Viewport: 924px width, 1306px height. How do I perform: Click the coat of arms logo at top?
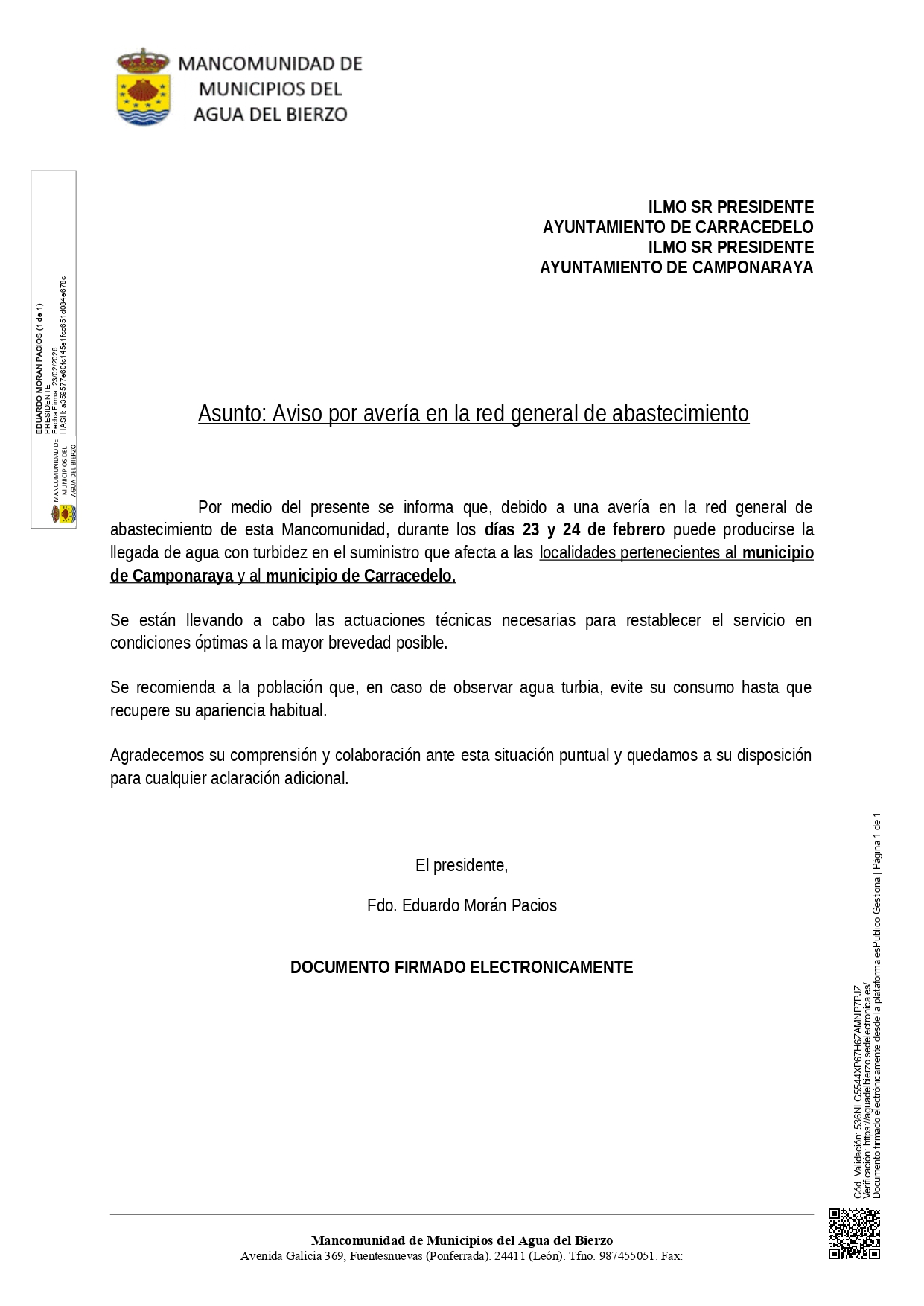click(144, 87)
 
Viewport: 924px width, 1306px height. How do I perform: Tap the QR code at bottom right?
click(854, 1234)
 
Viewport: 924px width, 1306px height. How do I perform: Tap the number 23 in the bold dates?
click(531, 530)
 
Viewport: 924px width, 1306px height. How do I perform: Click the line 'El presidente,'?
click(462, 865)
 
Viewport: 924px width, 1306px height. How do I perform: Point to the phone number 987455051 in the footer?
click(627, 1256)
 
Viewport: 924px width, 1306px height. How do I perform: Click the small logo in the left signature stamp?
click(64, 513)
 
